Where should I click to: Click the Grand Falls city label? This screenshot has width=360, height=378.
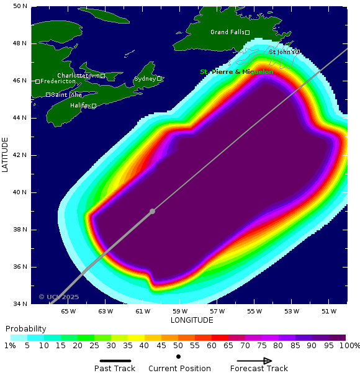227,32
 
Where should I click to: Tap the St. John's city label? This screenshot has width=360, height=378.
282,52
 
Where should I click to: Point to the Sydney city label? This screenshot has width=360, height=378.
145,79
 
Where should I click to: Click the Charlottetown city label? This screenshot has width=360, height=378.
78,76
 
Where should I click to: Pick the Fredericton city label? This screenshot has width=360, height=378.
58,81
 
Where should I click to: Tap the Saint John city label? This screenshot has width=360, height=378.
66,95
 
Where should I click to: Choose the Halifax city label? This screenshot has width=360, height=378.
80,106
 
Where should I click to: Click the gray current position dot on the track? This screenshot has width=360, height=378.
153,212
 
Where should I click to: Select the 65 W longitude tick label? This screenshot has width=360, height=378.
68,311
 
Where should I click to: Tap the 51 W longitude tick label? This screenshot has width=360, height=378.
329,311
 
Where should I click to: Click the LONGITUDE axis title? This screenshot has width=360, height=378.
192,320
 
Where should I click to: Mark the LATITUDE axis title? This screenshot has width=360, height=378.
6,155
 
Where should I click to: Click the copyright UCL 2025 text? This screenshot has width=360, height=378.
60,297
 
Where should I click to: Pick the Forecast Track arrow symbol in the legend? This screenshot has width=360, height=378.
254,361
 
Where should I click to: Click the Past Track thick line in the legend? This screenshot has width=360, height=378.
115,361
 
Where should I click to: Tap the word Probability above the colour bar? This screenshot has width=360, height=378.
26,329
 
